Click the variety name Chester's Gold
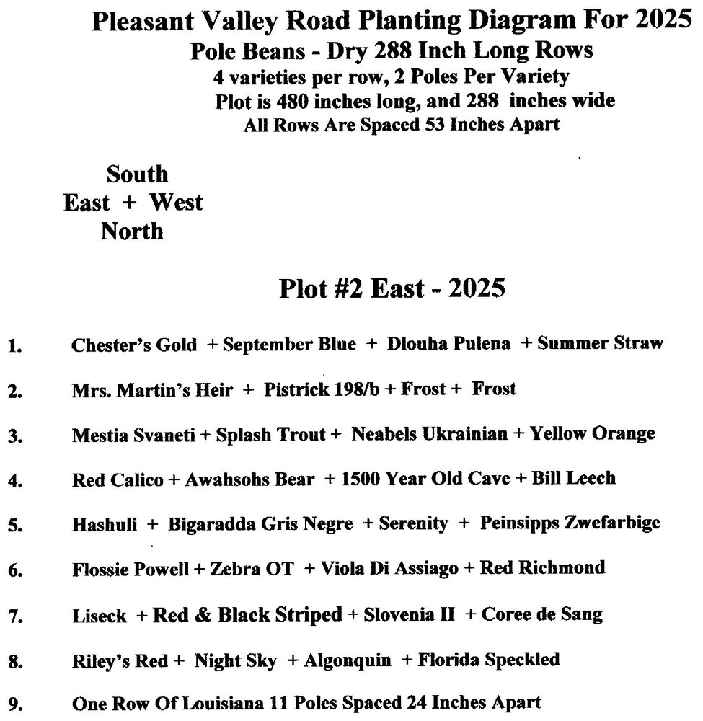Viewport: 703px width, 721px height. (134, 345)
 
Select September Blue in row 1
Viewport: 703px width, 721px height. (289, 345)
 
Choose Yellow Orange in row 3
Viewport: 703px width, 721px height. (592, 434)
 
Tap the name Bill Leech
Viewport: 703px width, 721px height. (573, 478)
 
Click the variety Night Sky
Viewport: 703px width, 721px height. (235, 660)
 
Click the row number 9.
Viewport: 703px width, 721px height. (13, 704)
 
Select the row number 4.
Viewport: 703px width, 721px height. (13, 481)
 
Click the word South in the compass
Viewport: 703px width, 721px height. (137, 174)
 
